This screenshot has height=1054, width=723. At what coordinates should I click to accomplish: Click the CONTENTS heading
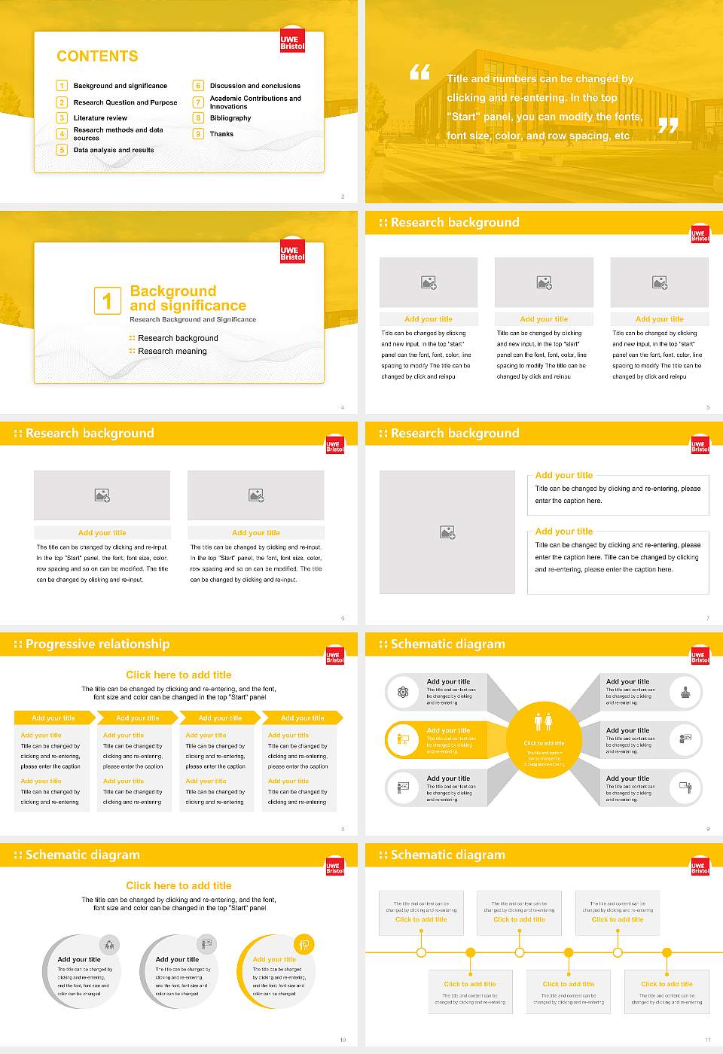click(97, 56)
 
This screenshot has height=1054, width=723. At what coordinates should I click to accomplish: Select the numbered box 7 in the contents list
click(198, 102)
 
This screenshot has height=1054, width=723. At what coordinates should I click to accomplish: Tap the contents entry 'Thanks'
click(221, 134)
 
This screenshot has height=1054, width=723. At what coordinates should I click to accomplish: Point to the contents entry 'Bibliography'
click(230, 118)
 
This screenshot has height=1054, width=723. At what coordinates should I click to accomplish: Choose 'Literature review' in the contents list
click(100, 118)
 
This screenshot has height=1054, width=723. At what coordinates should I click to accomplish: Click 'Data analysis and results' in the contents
click(114, 150)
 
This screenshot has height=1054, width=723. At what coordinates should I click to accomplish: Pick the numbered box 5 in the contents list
click(62, 150)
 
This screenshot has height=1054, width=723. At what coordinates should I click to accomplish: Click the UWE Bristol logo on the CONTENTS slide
click(292, 41)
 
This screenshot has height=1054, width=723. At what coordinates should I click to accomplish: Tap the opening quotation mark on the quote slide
click(419, 72)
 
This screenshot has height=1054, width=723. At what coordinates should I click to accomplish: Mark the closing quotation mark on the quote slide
click(668, 126)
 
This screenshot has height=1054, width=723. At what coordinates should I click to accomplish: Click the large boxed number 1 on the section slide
click(107, 300)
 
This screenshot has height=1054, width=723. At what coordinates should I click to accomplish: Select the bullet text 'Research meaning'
click(172, 351)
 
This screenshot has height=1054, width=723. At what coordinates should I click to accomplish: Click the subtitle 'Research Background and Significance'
click(193, 319)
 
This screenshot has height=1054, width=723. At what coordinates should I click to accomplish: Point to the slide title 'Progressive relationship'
click(97, 644)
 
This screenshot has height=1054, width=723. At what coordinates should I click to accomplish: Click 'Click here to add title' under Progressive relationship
click(178, 675)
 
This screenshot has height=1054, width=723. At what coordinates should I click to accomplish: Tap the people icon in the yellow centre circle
click(543, 721)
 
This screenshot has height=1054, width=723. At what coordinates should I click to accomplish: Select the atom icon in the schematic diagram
click(403, 692)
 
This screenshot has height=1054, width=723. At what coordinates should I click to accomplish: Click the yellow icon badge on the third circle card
click(304, 944)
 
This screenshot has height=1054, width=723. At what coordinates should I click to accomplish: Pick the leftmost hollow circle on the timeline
click(421, 952)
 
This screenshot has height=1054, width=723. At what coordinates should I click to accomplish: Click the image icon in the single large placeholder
click(447, 532)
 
